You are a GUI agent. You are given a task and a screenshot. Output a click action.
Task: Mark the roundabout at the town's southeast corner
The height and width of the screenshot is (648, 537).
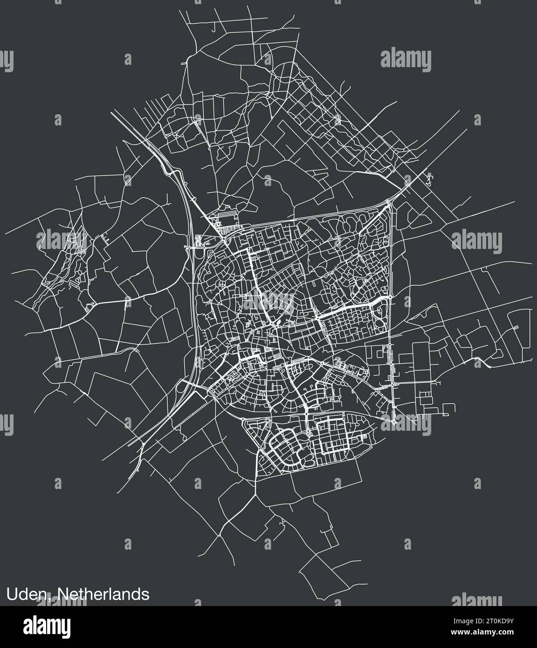point(394,422)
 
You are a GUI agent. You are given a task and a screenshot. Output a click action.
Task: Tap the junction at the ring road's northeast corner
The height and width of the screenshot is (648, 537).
point(390,201)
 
